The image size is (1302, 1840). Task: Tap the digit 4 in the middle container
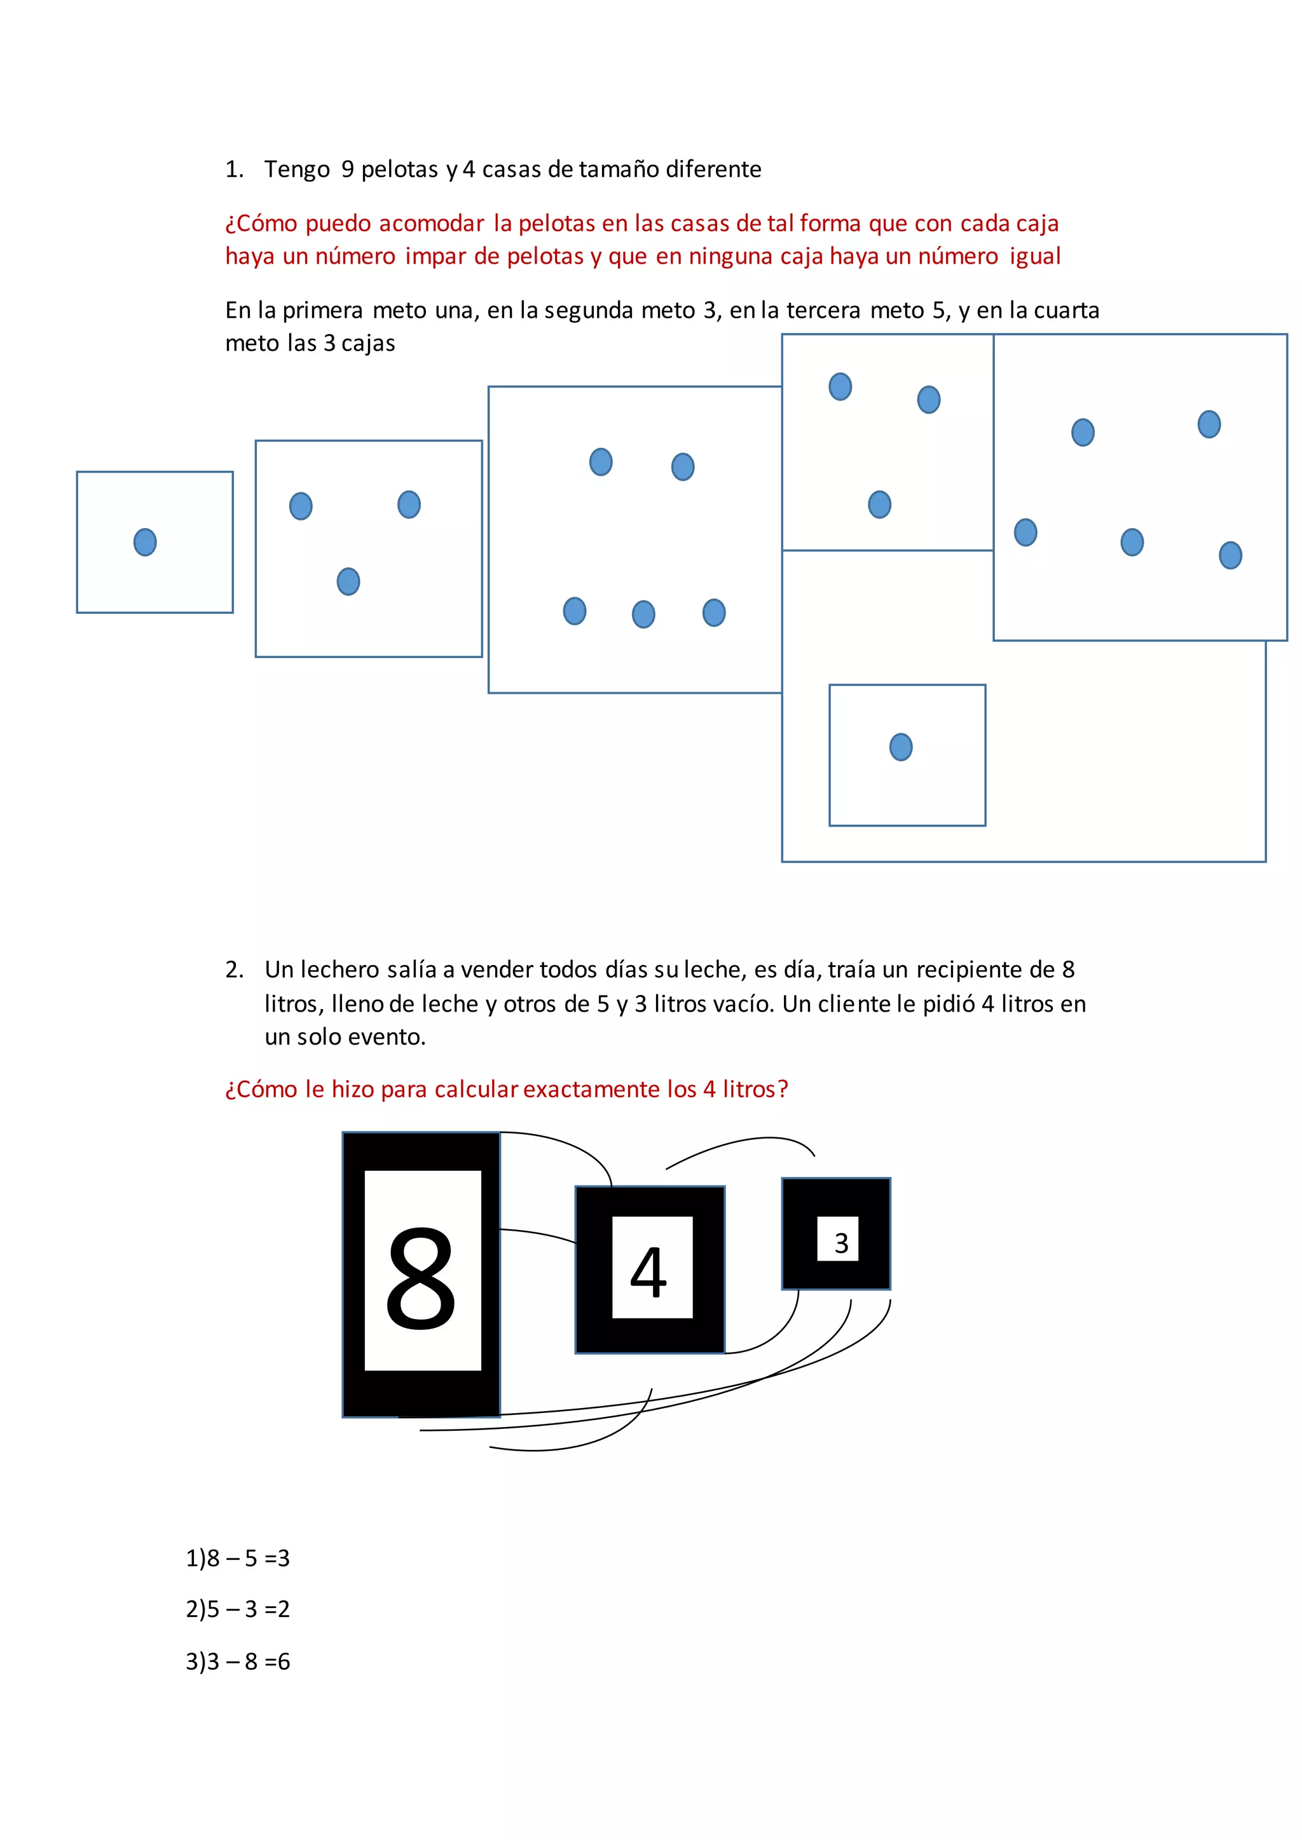[648, 1272]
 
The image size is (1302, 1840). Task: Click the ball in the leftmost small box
[145, 543]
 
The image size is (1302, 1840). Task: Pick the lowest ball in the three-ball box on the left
[348, 582]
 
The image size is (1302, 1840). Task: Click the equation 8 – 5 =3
[238, 1558]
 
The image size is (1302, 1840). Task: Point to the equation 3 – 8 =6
[238, 1661]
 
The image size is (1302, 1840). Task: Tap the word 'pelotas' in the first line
[399, 170]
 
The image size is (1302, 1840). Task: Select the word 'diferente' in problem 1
[713, 170]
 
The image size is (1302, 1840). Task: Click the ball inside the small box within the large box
[901, 747]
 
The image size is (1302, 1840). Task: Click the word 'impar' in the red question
[435, 257]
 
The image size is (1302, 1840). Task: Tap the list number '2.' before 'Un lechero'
[234, 970]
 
